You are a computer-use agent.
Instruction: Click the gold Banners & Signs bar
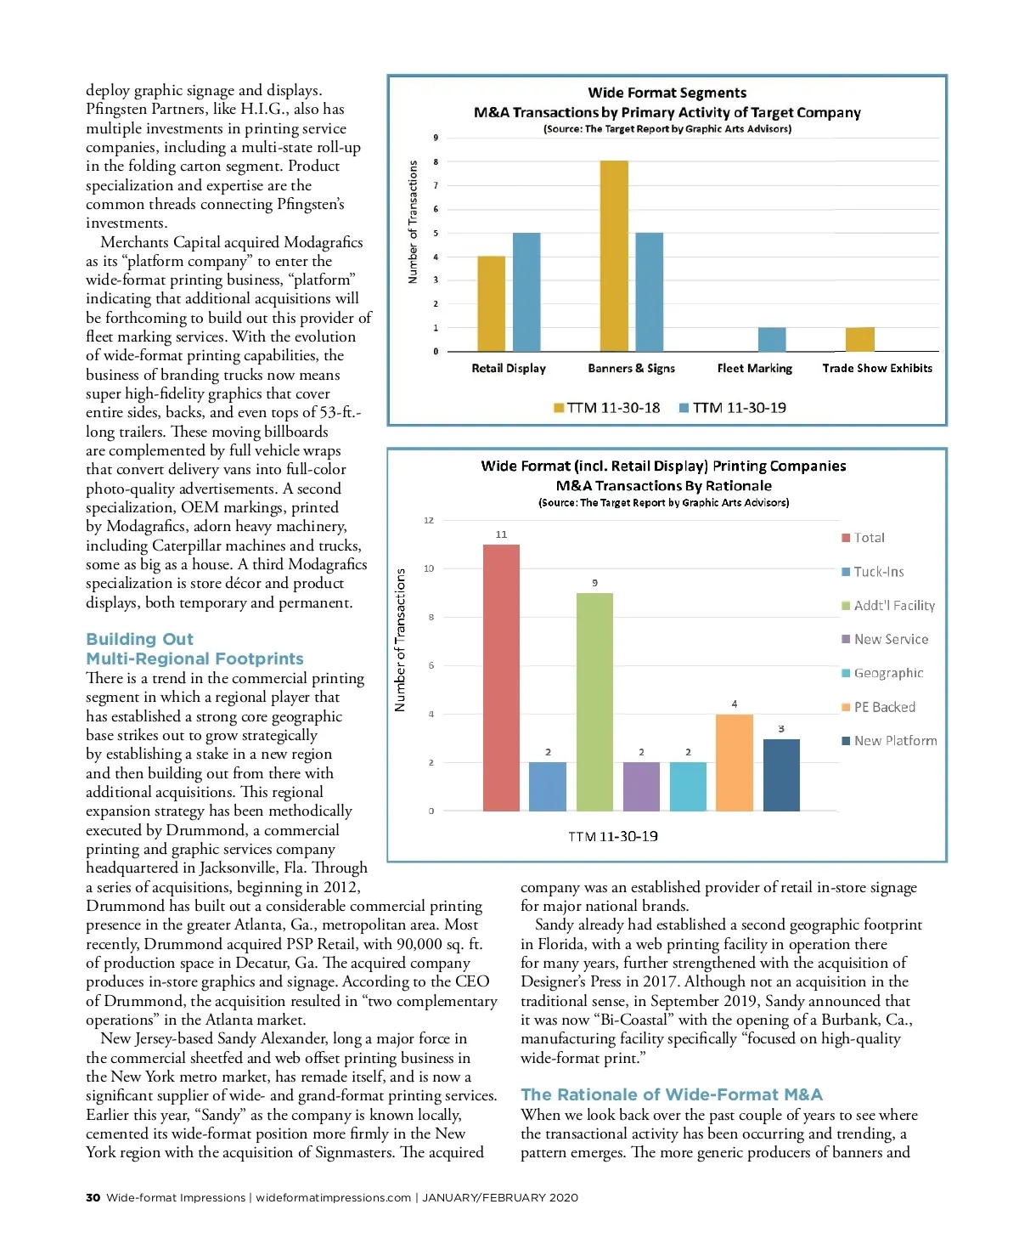point(614,256)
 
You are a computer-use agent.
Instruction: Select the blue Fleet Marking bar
point(771,339)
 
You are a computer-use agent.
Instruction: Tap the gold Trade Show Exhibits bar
point(859,339)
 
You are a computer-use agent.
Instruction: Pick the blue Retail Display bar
point(526,291)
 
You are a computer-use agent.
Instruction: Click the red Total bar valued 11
point(501,677)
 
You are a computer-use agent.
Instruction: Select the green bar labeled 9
point(594,701)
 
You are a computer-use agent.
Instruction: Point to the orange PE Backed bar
point(735,762)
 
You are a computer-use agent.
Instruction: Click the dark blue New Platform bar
point(781,774)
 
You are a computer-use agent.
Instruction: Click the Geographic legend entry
point(882,673)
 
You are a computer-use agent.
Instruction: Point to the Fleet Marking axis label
point(754,368)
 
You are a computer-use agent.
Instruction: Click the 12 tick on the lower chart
point(429,520)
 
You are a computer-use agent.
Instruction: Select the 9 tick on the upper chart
point(436,138)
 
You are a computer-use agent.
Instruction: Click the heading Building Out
point(139,639)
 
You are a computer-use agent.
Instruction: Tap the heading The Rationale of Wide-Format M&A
point(671,1094)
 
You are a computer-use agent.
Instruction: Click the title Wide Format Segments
point(667,93)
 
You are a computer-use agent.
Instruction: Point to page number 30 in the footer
point(93,1197)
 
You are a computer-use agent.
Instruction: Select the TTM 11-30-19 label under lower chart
point(612,836)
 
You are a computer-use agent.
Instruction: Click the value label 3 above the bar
point(781,729)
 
